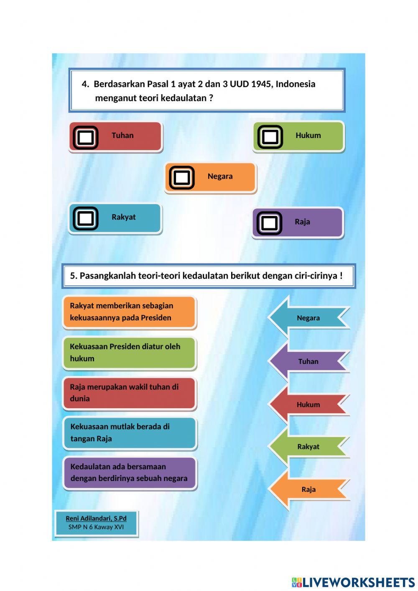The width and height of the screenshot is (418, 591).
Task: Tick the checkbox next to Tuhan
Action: point(86,137)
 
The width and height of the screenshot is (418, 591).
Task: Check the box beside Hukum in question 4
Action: point(270,137)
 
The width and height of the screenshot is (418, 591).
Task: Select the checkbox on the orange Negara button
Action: point(181,178)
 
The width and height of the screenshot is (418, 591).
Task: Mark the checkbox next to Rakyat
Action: point(86,218)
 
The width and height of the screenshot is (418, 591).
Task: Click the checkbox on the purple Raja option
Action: point(269,223)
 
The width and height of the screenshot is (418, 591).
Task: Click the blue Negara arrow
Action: point(308,318)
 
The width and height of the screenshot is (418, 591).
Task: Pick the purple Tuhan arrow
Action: point(308,361)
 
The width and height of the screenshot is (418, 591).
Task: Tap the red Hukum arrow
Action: point(308,404)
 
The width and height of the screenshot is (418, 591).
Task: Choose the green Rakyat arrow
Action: point(308,446)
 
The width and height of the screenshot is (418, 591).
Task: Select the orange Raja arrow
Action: point(308,489)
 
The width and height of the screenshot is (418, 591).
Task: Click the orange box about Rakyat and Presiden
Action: point(129,312)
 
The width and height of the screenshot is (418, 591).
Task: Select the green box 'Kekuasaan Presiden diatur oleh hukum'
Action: point(129,353)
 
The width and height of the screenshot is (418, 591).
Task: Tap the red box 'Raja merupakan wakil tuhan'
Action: point(129,393)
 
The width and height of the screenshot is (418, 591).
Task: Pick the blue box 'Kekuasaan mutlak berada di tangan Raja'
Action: point(129,433)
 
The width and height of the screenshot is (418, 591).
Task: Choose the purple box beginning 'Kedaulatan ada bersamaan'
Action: point(129,473)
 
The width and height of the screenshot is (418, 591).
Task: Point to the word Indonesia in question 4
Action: point(296,84)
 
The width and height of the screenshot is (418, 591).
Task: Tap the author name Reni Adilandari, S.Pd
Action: point(96,518)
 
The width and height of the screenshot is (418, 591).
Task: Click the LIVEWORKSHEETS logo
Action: point(353,582)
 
